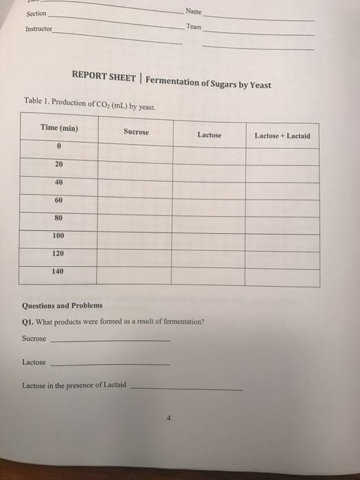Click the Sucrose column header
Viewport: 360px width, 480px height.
(x=136, y=131)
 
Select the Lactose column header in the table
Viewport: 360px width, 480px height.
(x=209, y=135)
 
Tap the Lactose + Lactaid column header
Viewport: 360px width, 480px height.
(x=282, y=136)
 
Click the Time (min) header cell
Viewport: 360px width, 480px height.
(x=59, y=128)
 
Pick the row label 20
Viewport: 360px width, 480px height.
(x=60, y=164)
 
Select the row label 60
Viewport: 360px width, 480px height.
(x=60, y=200)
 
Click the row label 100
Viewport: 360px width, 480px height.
(x=60, y=235)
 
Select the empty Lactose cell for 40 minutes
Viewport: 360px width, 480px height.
(x=209, y=184)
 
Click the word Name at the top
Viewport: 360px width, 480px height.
(x=193, y=10)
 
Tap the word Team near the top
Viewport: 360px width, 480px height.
(x=193, y=26)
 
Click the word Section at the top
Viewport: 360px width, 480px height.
(x=36, y=14)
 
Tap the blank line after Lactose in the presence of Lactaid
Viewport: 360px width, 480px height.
(x=186, y=388)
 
